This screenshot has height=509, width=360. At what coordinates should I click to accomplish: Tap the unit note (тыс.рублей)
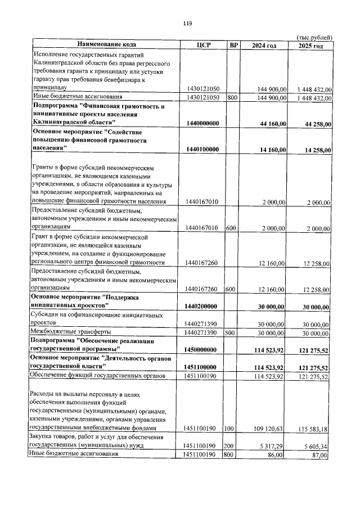[x=314, y=37]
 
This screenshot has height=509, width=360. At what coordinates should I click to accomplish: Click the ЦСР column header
[x=203, y=45]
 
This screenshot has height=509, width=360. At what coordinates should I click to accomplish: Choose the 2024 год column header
[x=264, y=45]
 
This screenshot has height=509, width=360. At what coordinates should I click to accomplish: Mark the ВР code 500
[x=230, y=333]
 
